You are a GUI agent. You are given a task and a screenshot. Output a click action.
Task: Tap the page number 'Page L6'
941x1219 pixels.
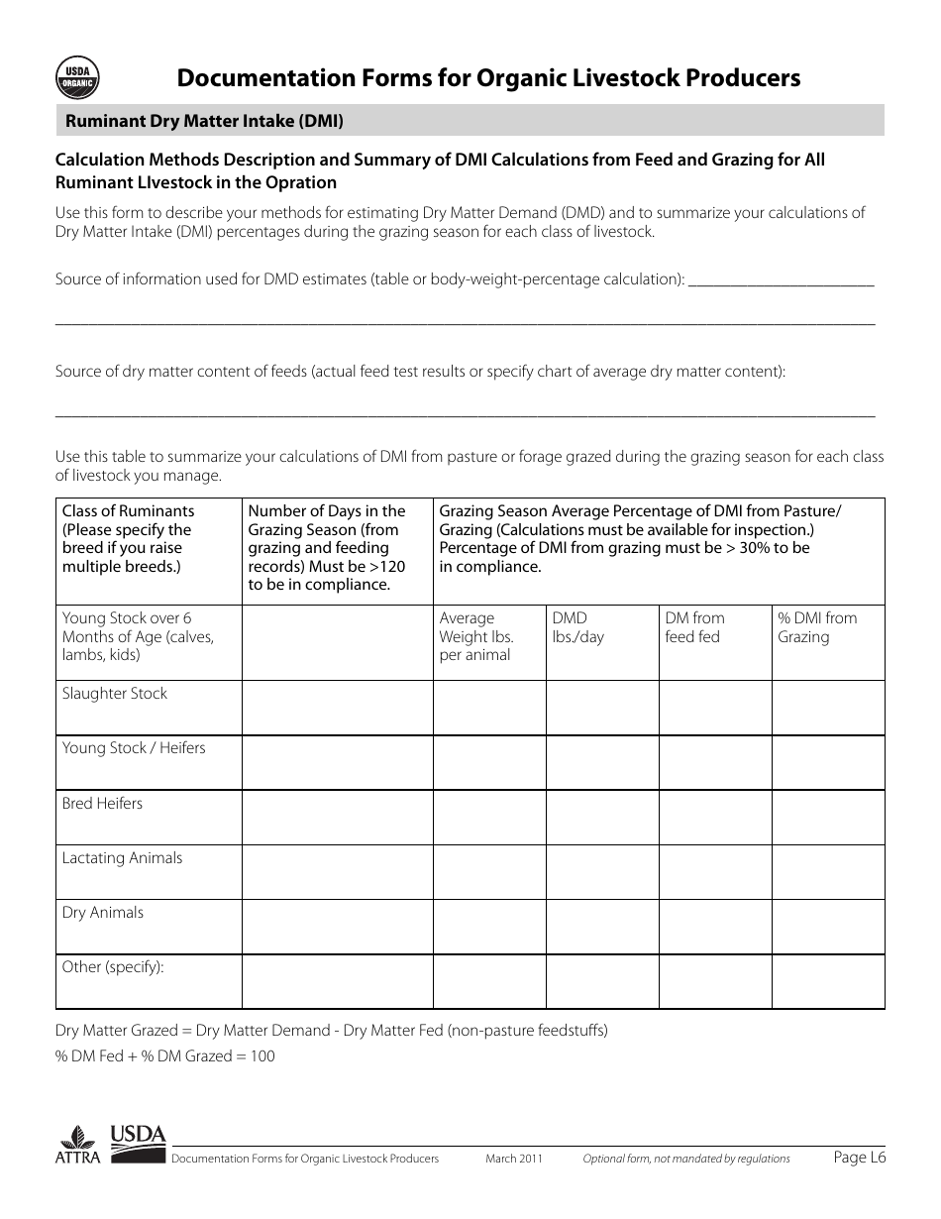[859, 1157]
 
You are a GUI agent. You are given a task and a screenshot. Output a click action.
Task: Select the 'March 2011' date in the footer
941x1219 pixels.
[513, 1159]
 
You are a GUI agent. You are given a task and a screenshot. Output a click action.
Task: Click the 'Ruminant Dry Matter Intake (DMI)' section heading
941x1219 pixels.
[204, 121]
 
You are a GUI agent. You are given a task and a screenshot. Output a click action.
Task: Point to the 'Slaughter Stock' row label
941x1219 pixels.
[115, 694]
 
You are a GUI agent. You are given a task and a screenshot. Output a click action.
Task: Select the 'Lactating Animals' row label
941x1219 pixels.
[122, 858]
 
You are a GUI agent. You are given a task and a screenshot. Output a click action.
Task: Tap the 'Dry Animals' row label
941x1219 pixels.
[103, 913]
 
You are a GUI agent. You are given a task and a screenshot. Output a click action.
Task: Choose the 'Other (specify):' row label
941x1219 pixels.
[113, 967]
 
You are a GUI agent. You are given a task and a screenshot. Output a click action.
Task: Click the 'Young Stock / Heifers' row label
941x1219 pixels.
[134, 748]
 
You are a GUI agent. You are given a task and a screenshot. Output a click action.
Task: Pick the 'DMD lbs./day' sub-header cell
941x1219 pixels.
[577, 627]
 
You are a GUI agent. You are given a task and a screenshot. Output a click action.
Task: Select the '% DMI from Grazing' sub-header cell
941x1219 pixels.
[817, 627]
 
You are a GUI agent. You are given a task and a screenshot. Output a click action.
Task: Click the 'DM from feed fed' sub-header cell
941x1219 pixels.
[694, 627]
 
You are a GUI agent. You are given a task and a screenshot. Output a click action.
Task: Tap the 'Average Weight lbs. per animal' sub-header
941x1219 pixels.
[476, 636]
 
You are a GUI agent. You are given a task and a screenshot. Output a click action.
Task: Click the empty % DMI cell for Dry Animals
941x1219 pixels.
[828, 927]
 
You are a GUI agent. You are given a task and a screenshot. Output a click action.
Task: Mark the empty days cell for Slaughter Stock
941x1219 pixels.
[337, 708]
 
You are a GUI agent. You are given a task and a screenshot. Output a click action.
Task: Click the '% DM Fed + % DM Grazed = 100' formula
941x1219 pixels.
[165, 1056]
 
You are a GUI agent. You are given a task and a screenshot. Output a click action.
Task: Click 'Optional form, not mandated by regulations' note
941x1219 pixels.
[685, 1159]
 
